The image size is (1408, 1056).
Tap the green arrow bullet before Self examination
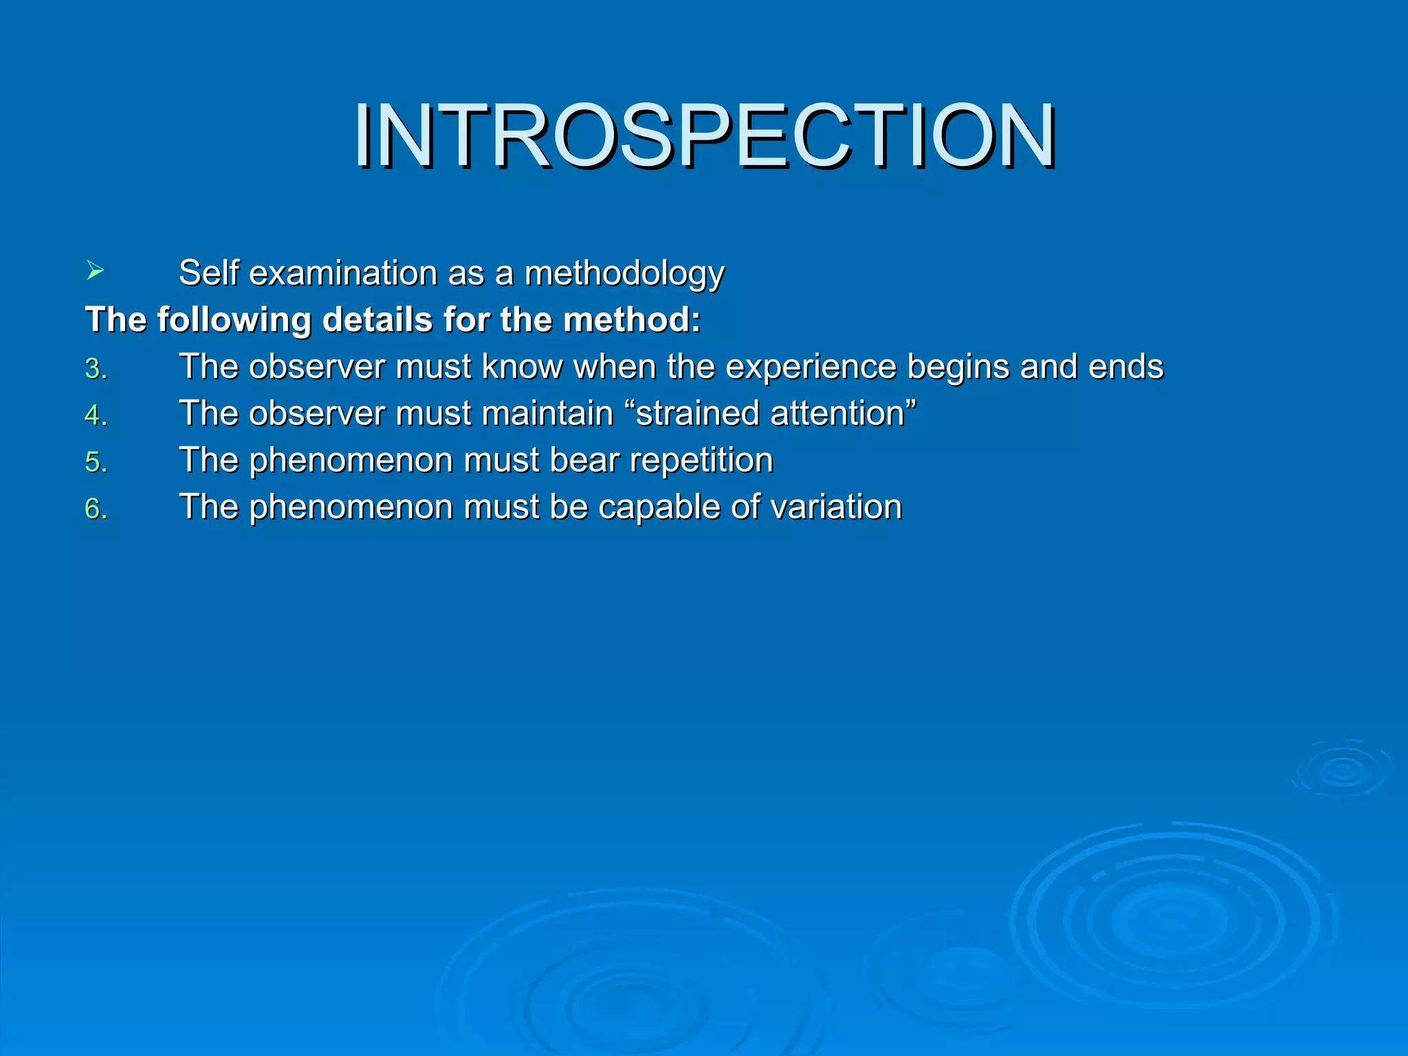[95, 271]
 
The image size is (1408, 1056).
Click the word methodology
[624, 274]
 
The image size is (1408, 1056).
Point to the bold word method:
[632, 320]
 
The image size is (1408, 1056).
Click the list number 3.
[96, 369]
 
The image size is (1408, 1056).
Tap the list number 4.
[96, 415]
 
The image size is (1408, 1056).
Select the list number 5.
[96, 462]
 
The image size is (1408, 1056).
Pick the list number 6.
[96, 509]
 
